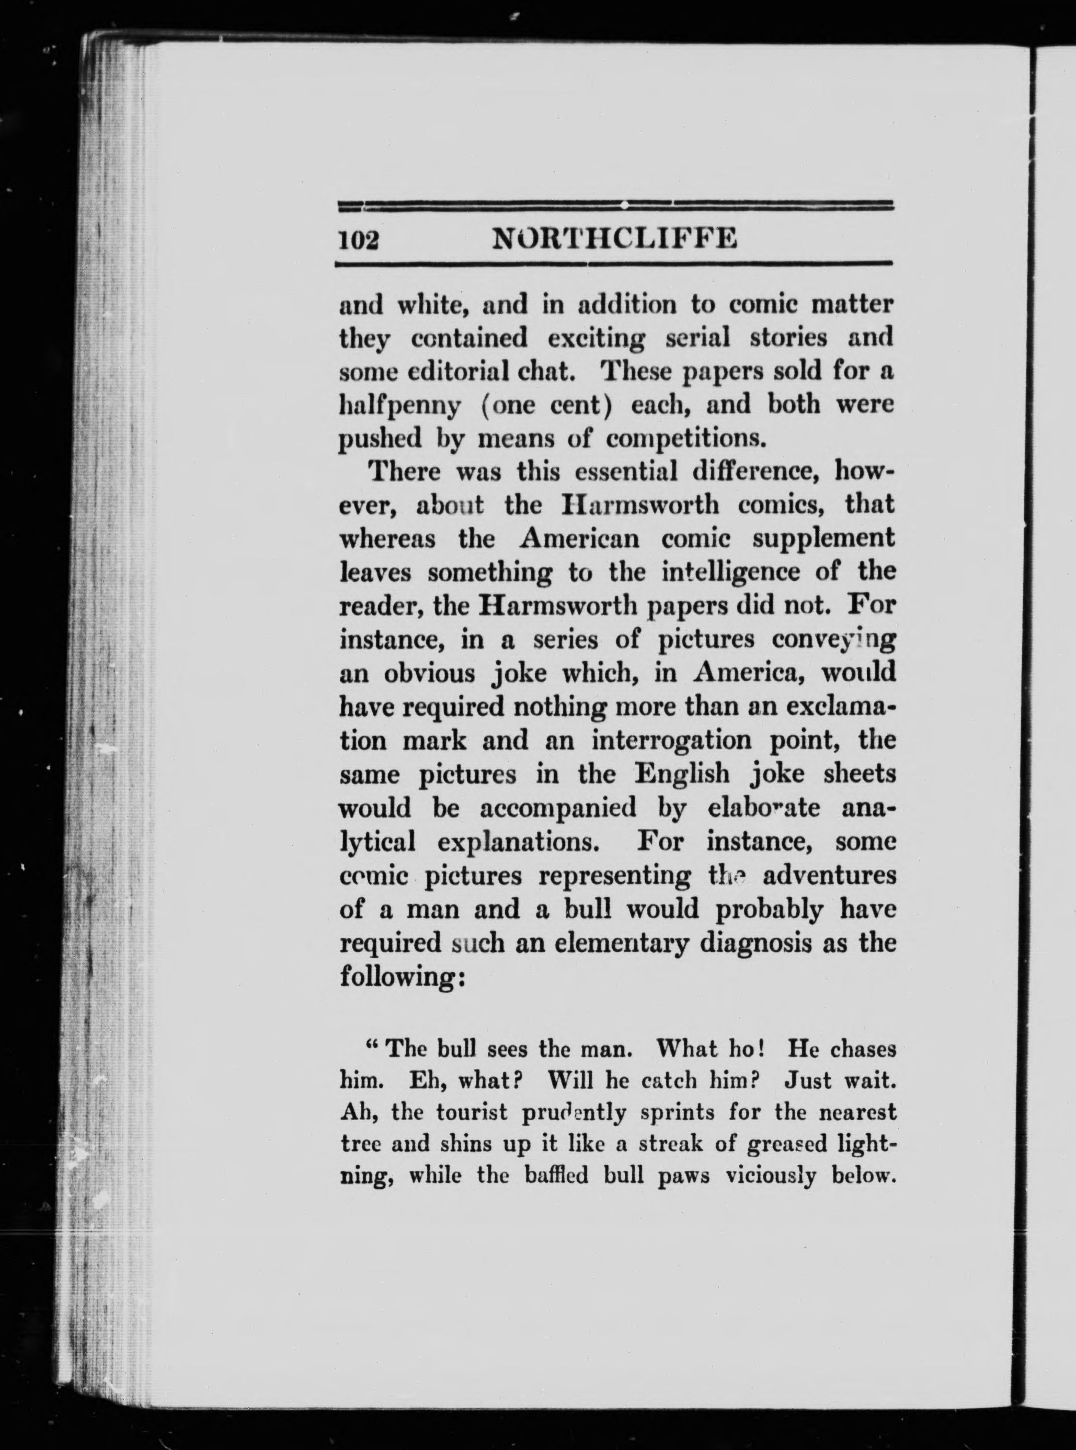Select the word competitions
pos(684,440)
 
